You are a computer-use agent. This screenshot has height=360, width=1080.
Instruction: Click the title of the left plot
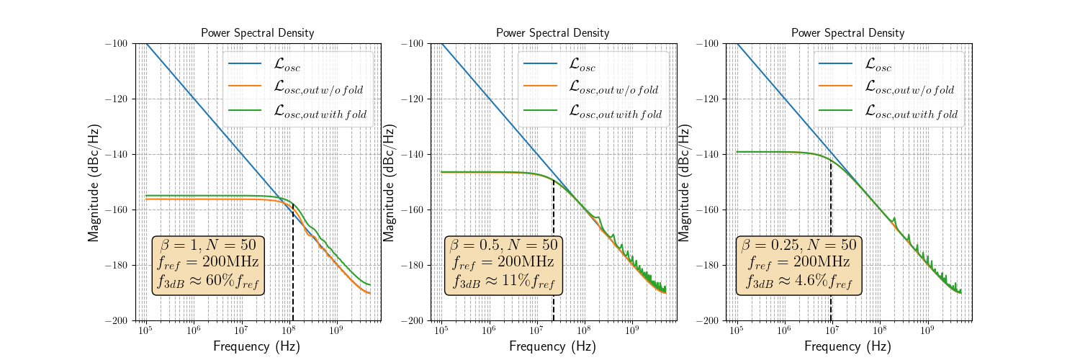coord(257,33)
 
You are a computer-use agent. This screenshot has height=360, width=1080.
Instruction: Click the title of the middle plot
coord(552,33)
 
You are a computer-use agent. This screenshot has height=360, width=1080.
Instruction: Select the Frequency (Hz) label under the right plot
coord(847,346)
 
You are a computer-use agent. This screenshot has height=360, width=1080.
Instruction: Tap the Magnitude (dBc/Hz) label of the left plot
coord(94,181)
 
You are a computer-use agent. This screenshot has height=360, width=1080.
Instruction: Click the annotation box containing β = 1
coord(208,265)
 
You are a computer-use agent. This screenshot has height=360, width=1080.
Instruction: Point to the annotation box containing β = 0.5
coord(503,265)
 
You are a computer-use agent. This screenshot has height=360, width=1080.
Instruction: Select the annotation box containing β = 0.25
coord(798,265)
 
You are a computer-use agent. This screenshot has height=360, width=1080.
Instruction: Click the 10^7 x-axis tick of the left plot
coord(240,330)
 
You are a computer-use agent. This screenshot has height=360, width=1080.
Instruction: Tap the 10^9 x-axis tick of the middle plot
coord(631,330)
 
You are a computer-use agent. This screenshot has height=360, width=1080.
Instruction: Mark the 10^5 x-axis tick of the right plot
coord(736,330)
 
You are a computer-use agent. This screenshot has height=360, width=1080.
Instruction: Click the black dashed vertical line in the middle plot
coord(553,252)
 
